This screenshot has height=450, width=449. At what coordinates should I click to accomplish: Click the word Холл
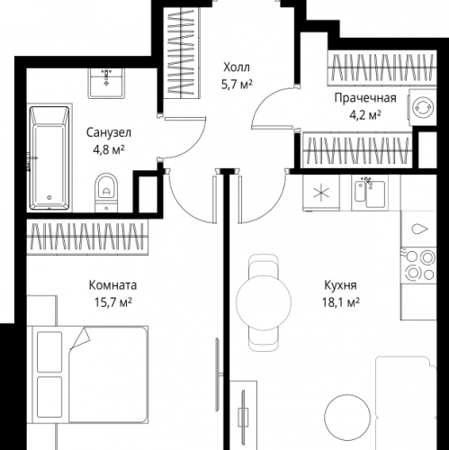click(238, 67)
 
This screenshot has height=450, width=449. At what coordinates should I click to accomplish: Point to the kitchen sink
click(369, 191)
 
